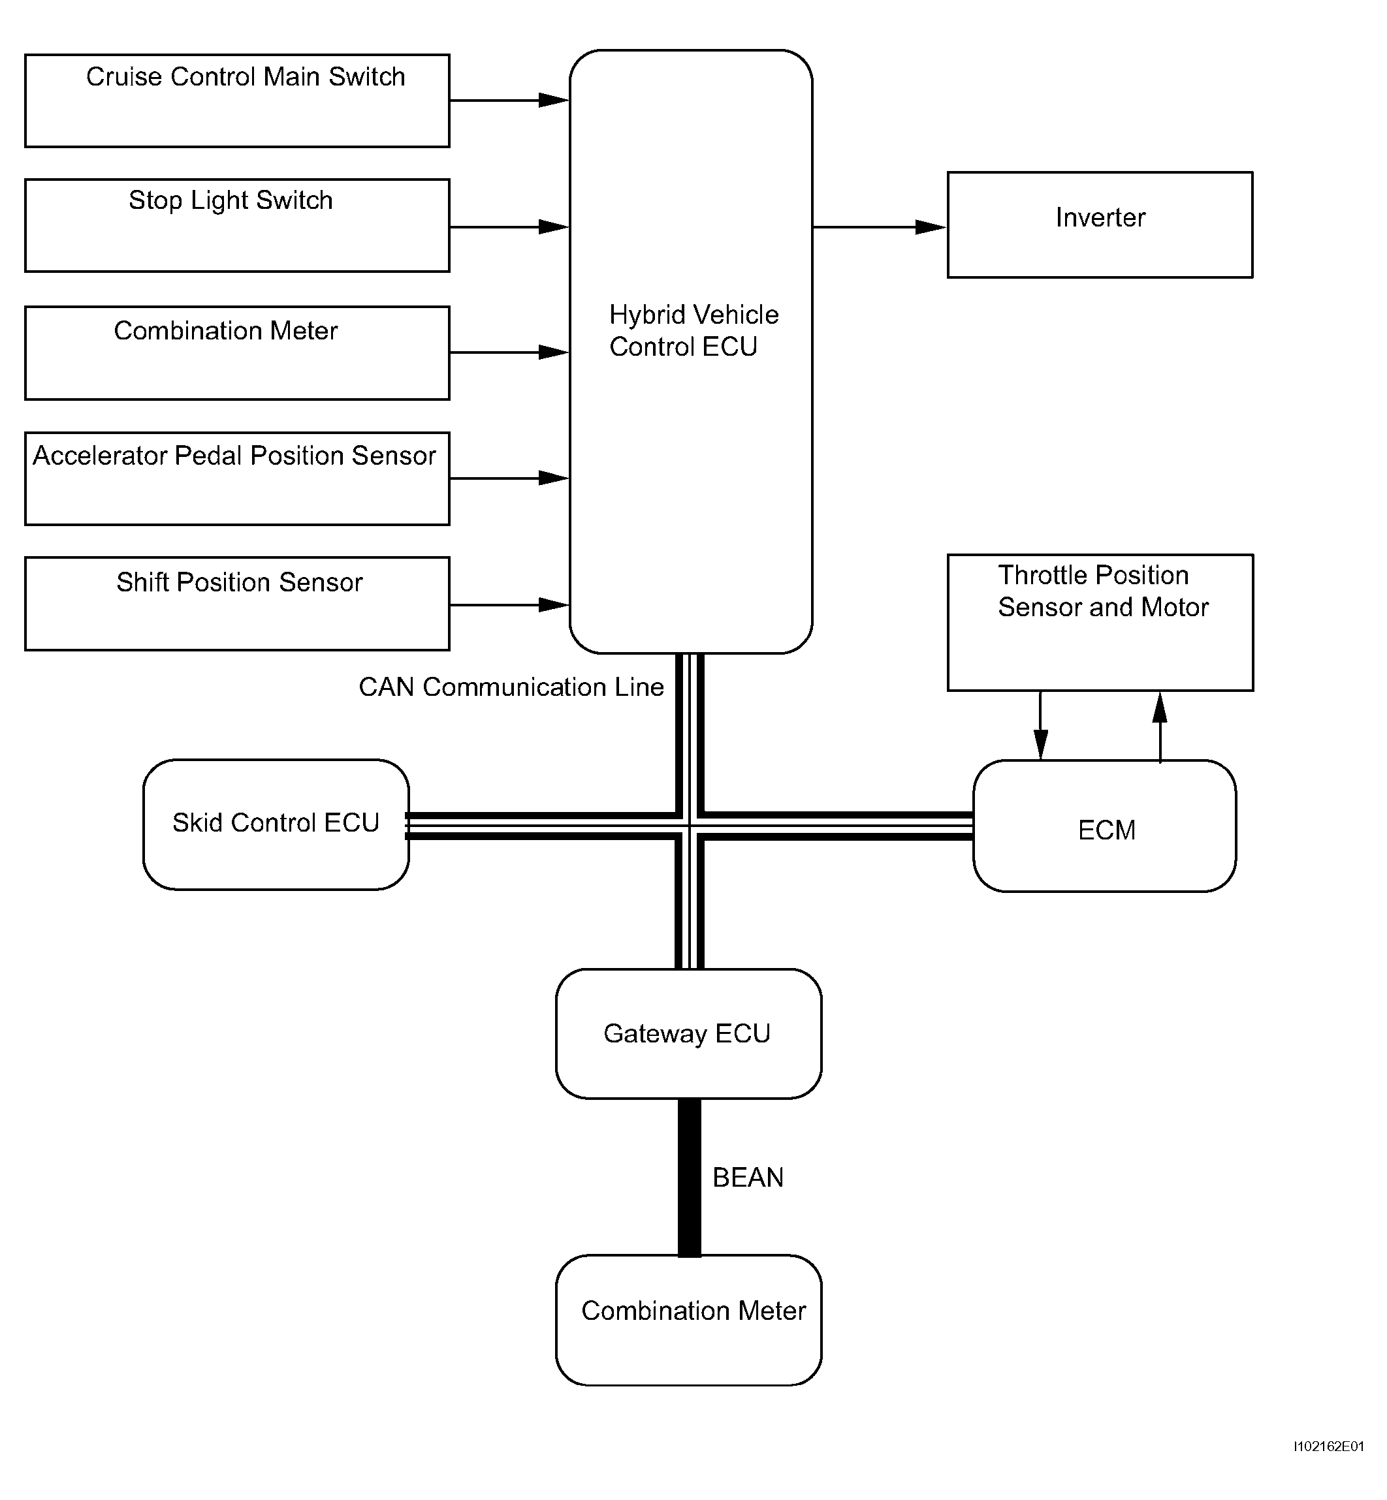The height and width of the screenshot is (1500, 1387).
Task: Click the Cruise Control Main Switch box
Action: [237, 101]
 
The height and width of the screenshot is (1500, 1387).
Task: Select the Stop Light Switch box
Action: [237, 225]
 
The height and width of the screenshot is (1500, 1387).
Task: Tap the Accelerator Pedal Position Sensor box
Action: [237, 478]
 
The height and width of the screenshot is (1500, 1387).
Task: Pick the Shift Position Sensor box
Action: [237, 603]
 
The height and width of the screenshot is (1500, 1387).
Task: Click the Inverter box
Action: [1100, 225]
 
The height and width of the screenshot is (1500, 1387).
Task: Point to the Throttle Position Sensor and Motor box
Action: [1100, 622]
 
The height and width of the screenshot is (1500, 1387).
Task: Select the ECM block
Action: [1104, 826]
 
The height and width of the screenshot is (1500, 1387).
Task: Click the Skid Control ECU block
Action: [276, 824]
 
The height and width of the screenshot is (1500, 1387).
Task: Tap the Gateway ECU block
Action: [688, 1033]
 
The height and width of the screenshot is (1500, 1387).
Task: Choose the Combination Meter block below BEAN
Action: [688, 1320]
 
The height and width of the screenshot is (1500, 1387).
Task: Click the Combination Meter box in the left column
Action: [237, 352]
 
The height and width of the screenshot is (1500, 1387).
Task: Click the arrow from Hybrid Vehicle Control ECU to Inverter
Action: [880, 227]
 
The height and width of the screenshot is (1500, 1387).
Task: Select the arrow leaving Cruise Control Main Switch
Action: [509, 100]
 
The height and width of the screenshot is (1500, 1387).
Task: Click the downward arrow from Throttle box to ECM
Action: [1040, 726]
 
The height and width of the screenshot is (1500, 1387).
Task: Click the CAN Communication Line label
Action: [511, 687]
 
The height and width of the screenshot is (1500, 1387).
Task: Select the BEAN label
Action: [748, 1178]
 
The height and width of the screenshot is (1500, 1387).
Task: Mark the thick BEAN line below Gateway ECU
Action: [689, 1178]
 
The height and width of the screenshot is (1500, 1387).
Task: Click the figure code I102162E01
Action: [1328, 1446]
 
